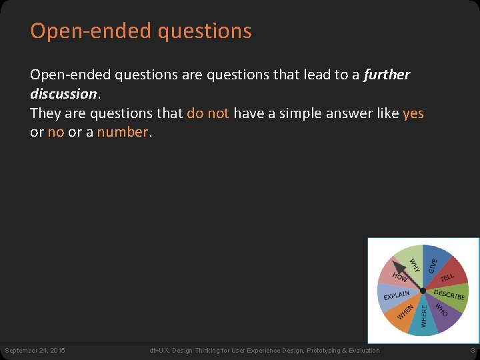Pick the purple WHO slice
click(x=441, y=310)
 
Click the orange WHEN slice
click(x=405, y=311)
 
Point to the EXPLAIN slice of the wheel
click(x=396, y=294)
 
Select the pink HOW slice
click(x=400, y=277)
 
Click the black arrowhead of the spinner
click(x=396, y=265)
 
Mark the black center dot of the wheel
click(x=423, y=291)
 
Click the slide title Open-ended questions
click(x=141, y=31)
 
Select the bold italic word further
click(x=387, y=75)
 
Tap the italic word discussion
click(x=63, y=94)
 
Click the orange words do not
click(x=207, y=113)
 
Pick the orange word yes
click(x=413, y=113)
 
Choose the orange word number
click(x=123, y=132)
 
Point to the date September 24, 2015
click(x=35, y=351)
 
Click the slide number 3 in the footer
click(x=473, y=351)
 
